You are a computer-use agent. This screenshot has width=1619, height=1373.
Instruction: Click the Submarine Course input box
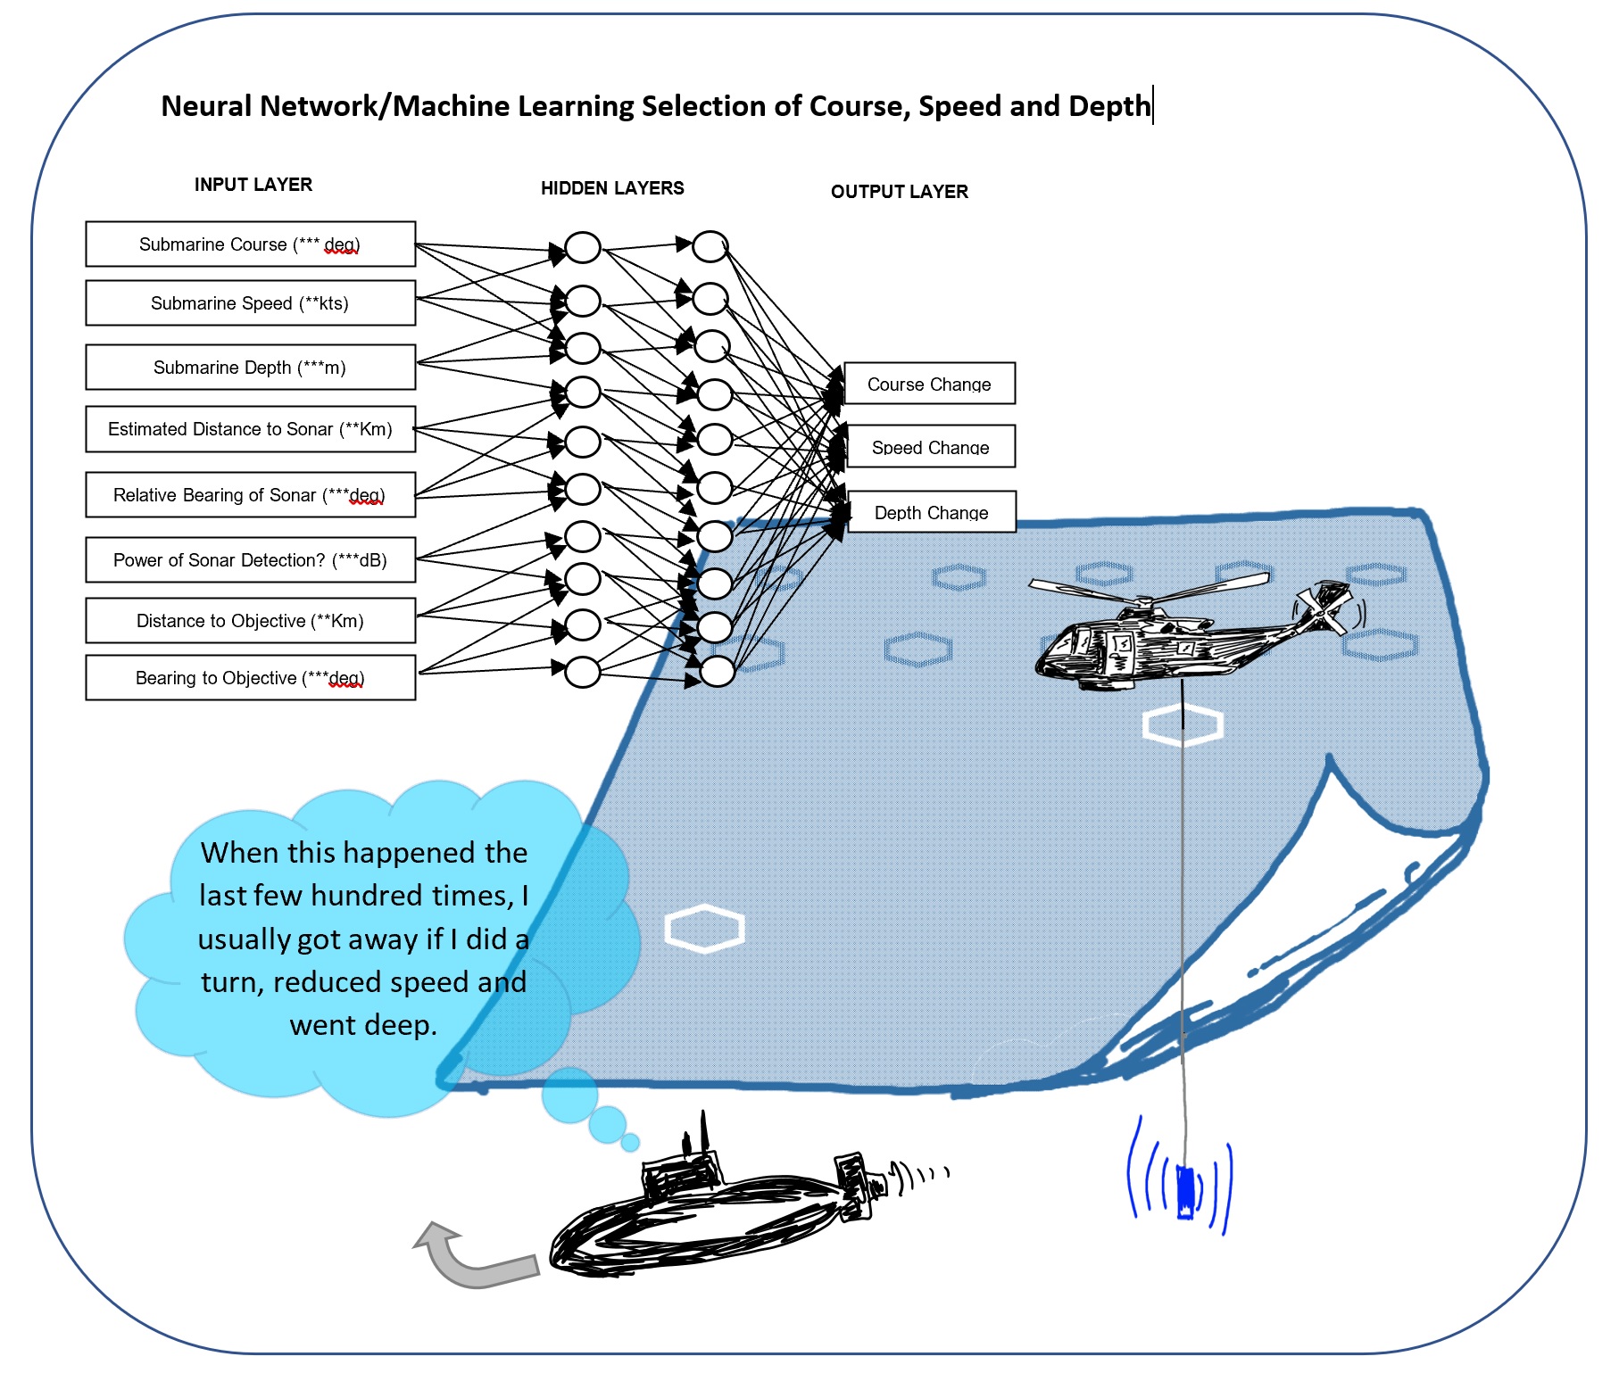pyautogui.click(x=250, y=244)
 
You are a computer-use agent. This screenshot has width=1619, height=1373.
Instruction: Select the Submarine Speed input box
pyautogui.click(x=250, y=303)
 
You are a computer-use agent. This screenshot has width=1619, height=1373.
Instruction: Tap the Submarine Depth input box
pyautogui.click(x=250, y=368)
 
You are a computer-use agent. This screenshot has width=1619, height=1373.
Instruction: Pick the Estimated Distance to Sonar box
pyautogui.click(x=250, y=429)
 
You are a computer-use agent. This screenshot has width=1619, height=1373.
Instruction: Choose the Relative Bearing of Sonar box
pyautogui.click(x=250, y=495)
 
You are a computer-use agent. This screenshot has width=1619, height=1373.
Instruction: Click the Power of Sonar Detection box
pyautogui.click(x=250, y=560)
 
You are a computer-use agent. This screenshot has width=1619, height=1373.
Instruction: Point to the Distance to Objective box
pyautogui.click(x=250, y=621)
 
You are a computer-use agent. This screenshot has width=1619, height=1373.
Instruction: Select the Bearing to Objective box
pyautogui.click(x=250, y=678)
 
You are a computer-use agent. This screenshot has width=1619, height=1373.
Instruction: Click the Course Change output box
pyautogui.click(x=929, y=384)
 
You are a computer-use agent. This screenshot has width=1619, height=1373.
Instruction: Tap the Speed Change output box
pyautogui.click(x=930, y=447)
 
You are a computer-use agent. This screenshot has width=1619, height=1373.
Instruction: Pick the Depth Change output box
pyautogui.click(x=931, y=512)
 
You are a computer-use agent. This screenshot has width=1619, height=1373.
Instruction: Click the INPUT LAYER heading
pyautogui.click(x=253, y=185)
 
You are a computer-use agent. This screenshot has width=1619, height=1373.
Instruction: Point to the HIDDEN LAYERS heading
pyautogui.click(x=612, y=188)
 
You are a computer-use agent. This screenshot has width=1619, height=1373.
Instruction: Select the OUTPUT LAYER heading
pyautogui.click(x=899, y=192)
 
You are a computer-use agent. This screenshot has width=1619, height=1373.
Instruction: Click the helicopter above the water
pyautogui.click(x=1178, y=633)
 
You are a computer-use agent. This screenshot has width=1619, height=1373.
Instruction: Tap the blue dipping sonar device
pyautogui.click(x=1185, y=1191)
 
